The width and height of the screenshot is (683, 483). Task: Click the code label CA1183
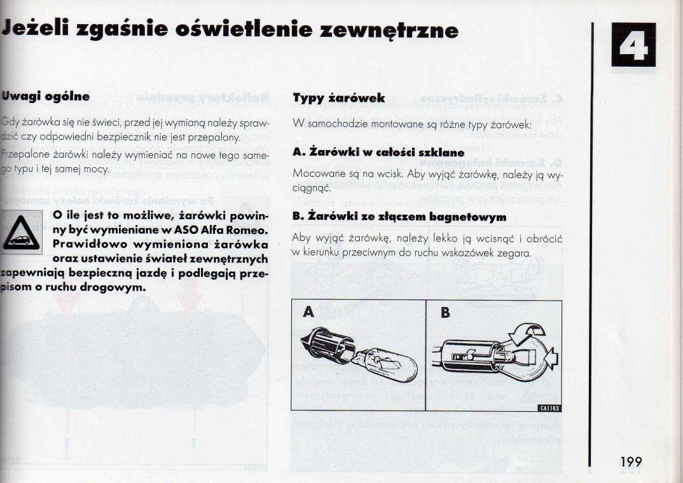[x=549, y=409]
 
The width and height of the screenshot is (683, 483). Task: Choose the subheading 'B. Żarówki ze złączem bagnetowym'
[x=399, y=217]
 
